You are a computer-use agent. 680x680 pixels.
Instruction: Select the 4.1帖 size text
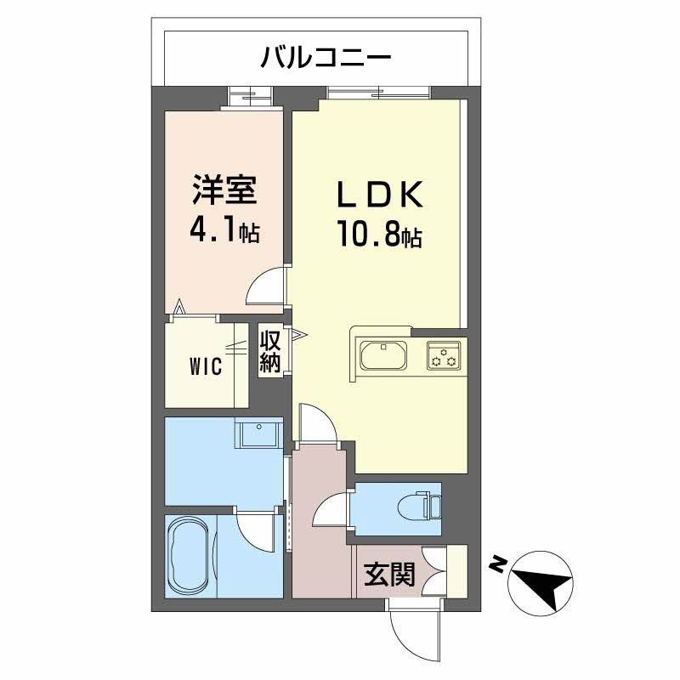tap(225, 230)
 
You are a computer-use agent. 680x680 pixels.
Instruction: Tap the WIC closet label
tap(205, 366)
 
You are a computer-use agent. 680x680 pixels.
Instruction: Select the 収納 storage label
tap(270, 352)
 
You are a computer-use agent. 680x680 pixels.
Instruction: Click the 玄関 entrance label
tap(390, 575)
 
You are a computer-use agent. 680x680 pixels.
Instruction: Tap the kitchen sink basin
tap(385, 354)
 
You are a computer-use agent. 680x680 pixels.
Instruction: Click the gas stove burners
tap(444, 354)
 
